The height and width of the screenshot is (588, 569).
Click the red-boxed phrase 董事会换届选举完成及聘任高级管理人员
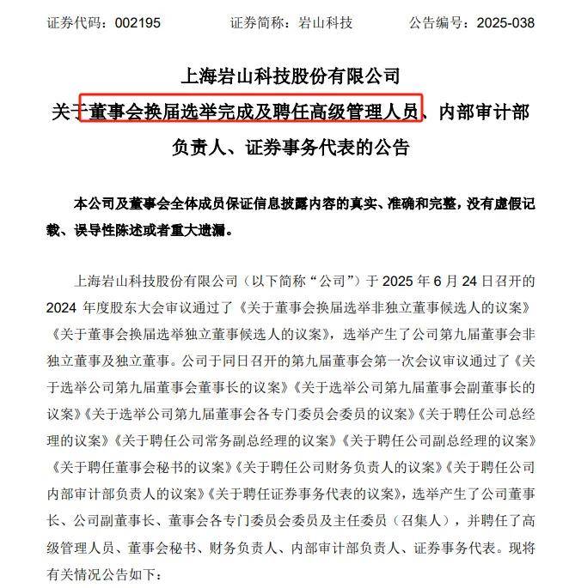pyautogui.click(x=250, y=111)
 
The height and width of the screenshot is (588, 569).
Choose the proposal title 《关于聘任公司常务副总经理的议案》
pyautogui.click(x=225, y=443)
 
